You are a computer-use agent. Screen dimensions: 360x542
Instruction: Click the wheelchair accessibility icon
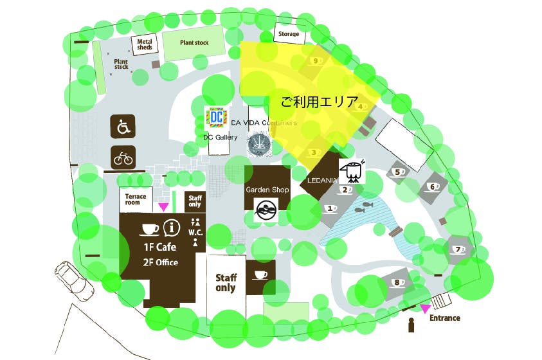[x=123, y=127]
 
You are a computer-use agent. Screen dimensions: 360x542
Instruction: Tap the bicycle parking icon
[x=123, y=157]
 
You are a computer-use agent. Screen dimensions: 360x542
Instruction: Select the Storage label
[x=289, y=34]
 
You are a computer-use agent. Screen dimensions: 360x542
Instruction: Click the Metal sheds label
[x=144, y=44]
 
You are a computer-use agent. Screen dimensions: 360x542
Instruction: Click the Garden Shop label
[x=267, y=190]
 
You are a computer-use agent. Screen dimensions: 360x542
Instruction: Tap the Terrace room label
[x=136, y=199]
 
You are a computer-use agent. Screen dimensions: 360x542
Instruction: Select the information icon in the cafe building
[x=170, y=227]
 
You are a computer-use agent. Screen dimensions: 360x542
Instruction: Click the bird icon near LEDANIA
[x=353, y=171]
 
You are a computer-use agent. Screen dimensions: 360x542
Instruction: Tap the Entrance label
[x=445, y=318]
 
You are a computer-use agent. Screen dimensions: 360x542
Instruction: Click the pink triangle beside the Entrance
[x=425, y=309]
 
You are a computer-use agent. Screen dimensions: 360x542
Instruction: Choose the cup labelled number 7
[x=458, y=249]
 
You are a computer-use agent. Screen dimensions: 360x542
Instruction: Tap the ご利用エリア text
[x=311, y=101]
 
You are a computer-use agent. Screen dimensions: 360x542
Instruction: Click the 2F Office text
[x=161, y=262]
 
